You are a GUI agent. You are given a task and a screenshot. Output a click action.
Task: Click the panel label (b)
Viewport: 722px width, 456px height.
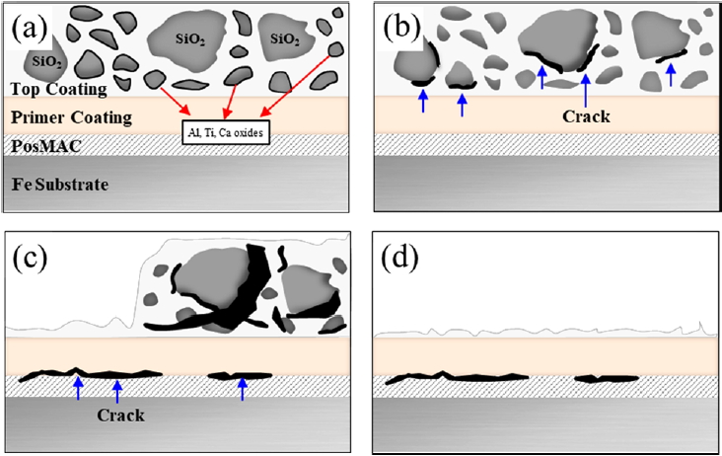(x=402, y=28)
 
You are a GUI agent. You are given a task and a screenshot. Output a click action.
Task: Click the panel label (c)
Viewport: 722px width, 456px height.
(x=34, y=260)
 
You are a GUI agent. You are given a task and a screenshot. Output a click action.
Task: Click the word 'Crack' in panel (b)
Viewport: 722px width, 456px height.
(x=586, y=116)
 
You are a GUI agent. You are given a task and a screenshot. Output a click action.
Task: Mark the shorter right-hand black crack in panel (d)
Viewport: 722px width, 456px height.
(x=600, y=378)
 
